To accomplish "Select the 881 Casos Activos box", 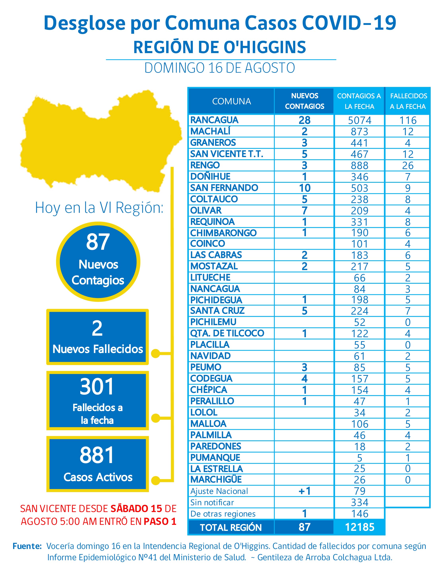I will [x=97, y=464].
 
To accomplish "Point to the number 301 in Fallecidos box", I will [x=97, y=387].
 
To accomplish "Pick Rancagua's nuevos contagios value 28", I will [x=304, y=120].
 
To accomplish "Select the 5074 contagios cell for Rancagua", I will [x=359, y=120].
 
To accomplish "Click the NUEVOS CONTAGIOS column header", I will [x=304, y=101].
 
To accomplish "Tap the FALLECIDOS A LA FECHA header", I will [x=408, y=101].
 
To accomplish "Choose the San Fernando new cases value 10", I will [x=304, y=188].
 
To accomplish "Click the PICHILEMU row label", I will [x=213, y=322].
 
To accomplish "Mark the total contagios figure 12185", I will [x=359, y=527].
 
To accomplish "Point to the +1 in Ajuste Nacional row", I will [x=304, y=491].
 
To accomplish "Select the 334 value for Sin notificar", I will [x=359, y=502].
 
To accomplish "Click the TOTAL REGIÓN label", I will [x=231, y=527].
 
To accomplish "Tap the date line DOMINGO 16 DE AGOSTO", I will [x=220, y=68].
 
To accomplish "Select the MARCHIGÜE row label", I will [x=216, y=479].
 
